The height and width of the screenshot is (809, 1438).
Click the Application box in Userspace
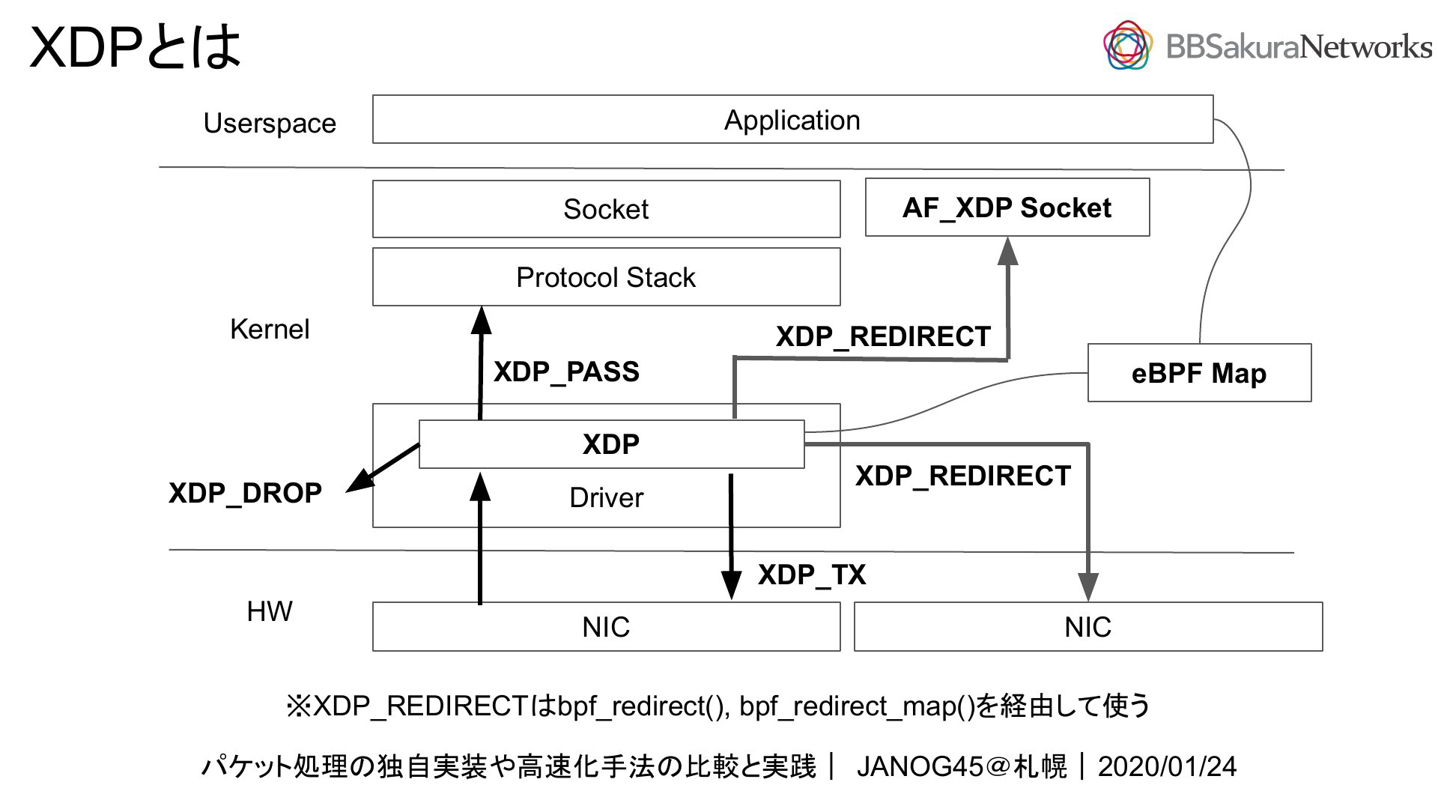coord(792,119)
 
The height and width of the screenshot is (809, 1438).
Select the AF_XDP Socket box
coord(1007,207)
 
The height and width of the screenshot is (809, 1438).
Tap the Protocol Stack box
coord(606,277)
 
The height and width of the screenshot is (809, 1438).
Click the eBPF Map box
coord(1199,373)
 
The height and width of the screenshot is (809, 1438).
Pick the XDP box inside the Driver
coord(611,444)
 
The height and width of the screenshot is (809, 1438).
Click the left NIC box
coord(606,626)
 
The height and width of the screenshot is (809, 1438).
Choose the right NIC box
coord(1088,626)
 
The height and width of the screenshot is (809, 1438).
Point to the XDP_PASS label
coord(566,372)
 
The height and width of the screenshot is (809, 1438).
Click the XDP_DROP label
coord(245,493)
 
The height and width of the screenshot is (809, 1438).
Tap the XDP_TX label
coord(812,575)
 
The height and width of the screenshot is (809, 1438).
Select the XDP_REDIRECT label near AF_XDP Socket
coord(883,336)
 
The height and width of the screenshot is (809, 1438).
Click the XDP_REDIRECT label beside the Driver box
coord(963,476)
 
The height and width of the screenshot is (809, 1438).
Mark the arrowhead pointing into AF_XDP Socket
coord(1008,251)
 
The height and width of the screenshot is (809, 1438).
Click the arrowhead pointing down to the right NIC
coord(1088,587)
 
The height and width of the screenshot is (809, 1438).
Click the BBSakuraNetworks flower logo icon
coord(1127,45)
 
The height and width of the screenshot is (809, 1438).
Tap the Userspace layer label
coord(270,123)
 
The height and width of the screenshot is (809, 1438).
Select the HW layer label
coord(270,611)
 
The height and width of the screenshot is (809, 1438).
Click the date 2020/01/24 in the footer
coord(1167,766)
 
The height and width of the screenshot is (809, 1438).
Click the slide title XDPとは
coord(136,46)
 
